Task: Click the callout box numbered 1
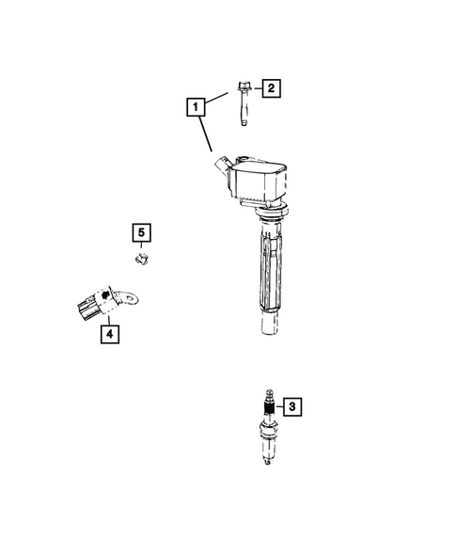[196, 108]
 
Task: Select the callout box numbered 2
[270, 89]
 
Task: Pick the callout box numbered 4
[109, 332]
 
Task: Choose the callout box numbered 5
[140, 231]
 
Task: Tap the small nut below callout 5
[140, 256]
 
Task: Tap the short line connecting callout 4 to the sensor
[107, 317]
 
